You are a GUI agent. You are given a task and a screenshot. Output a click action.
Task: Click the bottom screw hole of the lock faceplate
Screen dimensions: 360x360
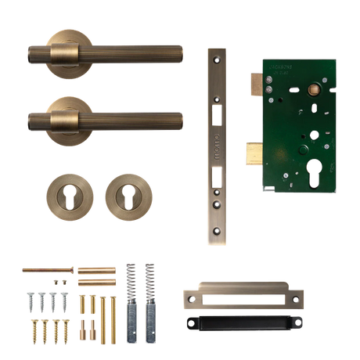[218, 234]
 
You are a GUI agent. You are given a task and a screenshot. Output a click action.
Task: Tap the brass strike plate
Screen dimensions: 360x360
[243, 297]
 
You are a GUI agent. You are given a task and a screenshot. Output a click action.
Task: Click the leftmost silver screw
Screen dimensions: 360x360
[29, 300]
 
